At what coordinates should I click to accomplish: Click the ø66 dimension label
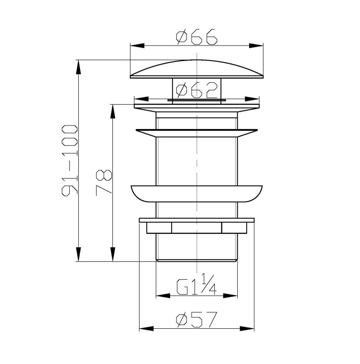click(196, 37)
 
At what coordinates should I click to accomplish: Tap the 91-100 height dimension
click(70, 160)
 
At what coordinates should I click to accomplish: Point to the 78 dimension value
click(104, 183)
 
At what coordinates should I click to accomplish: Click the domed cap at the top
click(196, 69)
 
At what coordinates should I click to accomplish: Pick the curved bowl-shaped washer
click(196, 194)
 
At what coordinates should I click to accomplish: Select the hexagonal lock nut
click(196, 228)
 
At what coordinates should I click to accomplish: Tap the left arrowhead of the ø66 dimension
click(137, 46)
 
